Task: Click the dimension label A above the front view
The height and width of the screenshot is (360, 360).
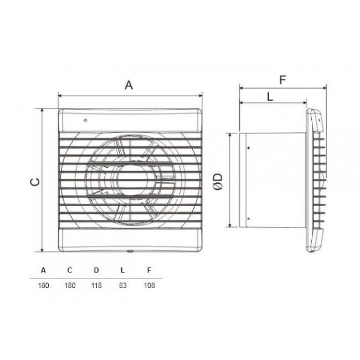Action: pyautogui.click(x=129, y=85)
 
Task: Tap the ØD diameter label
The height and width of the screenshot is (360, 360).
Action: pyautogui.click(x=219, y=181)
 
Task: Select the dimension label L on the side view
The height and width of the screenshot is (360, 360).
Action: pyautogui.click(x=270, y=96)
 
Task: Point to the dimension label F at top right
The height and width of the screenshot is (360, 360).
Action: pyautogui.click(x=282, y=80)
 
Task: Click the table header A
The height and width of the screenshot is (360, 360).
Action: pyautogui.click(x=44, y=270)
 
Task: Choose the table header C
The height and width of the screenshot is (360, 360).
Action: pyautogui.click(x=70, y=270)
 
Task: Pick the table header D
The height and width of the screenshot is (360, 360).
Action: pyautogui.click(x=96, y=270)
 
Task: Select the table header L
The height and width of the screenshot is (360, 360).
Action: pyautogui.click(x=122, y=270)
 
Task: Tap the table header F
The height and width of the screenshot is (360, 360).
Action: pyautogui.click(x=148, y=270)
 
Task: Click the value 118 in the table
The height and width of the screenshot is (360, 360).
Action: pyautogui.click(x=96, y=286)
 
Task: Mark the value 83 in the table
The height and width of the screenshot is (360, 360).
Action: pyautogui.click(x=122, y=286)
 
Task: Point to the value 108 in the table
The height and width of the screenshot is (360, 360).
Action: pyautogui.click(x=148, y=286)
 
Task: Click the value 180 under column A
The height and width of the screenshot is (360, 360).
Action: pyautogui.click(x=44, y=286)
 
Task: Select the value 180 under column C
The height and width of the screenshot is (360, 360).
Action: pyautogui.click(x=70, y=286)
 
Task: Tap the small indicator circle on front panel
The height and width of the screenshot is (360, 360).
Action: pyautogui.click(x=85, y=120)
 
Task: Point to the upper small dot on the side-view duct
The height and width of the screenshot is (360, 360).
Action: pyautogui.click(x=248, y=148)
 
